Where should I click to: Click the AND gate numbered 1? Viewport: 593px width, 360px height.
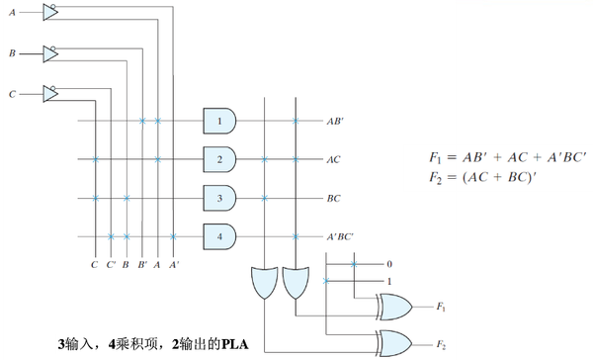[x=218, y=121]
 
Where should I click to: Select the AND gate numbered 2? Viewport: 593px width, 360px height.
[x=218, y=158]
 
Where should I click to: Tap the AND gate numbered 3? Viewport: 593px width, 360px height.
[x=218, y=197]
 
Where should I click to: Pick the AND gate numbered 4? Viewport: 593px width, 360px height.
[x=218, y=235]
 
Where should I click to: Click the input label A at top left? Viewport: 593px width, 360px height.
[x=11, y=13]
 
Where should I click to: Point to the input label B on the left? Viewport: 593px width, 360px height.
[x=11, y=53]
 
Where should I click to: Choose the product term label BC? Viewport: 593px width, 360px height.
[x=334, y=199]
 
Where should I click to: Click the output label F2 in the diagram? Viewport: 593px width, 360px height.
[x=440, y=343]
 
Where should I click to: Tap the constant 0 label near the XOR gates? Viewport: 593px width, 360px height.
[x=389, y=264]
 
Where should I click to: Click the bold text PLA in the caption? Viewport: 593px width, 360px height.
[x=233, y=344]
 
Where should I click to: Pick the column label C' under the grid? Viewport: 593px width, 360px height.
[x=111, y=265]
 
